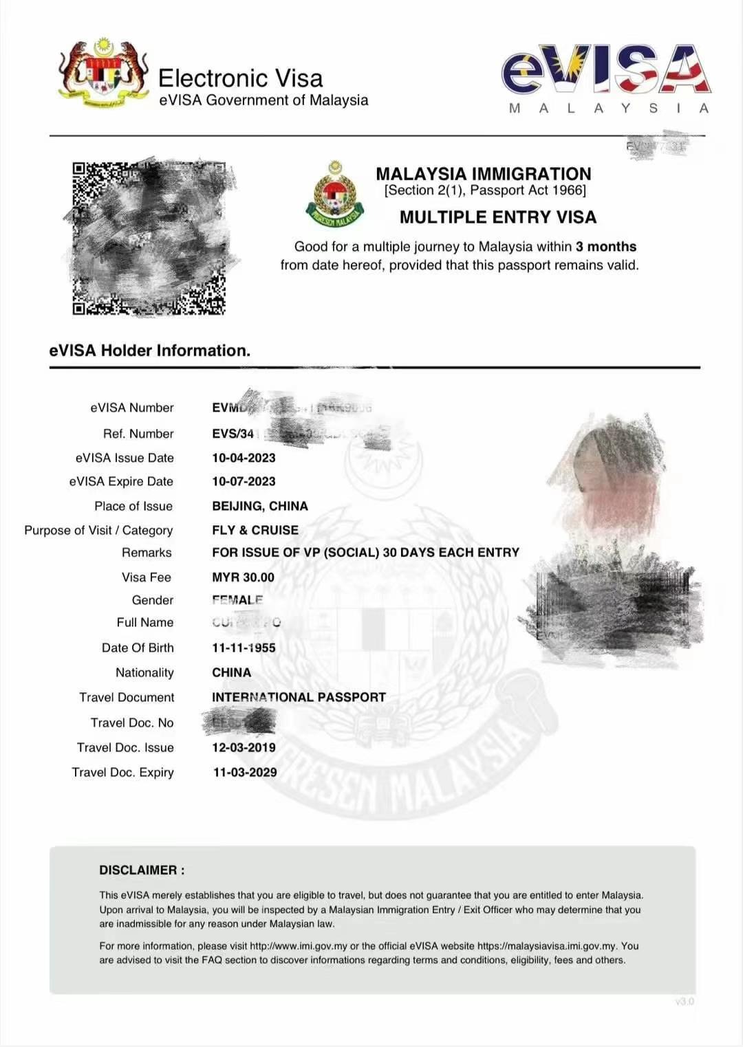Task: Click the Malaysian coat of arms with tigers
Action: tap(103, 74)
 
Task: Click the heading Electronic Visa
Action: tap(240, 78)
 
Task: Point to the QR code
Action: tap(149, 239)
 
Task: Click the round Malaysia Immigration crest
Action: tap(336, 195)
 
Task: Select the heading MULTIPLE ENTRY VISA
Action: tap(497, 217)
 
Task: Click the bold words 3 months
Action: tap(606, 247)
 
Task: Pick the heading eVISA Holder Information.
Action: tap(149, 351)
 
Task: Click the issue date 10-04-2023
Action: tap(244, 458)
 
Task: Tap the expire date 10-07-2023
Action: tap(244, 481)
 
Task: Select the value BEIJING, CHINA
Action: tap(259, 506)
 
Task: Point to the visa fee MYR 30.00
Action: tap(243, 577)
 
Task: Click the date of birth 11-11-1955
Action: tap(244, 648)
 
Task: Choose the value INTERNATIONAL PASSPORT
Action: tap(299, 697)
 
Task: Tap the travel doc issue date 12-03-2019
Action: tap(244, 747)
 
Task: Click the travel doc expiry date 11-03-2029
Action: tap(245, 773)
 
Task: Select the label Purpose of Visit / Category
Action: tap(98, 530)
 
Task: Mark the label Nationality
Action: tap(144, 672)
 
